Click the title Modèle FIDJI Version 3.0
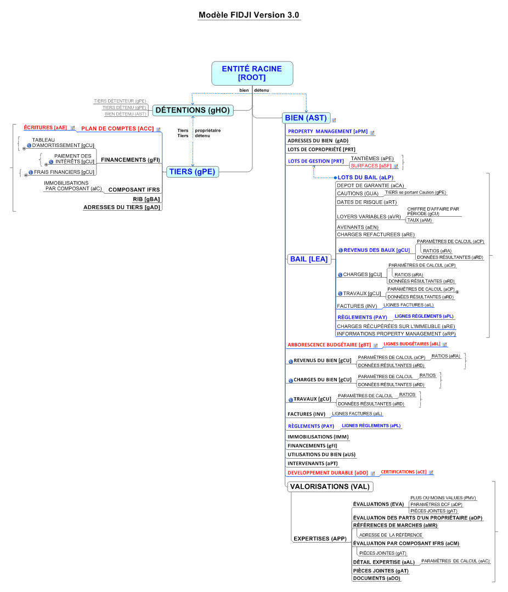pyautogui.click(x=249, y=15)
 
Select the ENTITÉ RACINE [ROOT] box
pyautogui.click(x=252, y=73)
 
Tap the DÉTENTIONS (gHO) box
pyautogui.click(x=193, y=110)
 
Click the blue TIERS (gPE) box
pyautogui.click(x=193, y=172)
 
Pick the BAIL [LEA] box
pyautogui.click(x=309, y=259)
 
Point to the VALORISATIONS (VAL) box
pyautogui.click(x=330, y=487)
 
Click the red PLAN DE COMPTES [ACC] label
pyautogui.click(x=117, y=129)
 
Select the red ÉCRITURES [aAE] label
pyautogui.click(x=46, y=128)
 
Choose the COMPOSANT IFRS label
pyautogui.click(x=134, y=189)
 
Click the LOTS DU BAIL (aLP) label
pyautogui.click(x=365, y=177)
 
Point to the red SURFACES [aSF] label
pyautogui.click(x=371, y=166)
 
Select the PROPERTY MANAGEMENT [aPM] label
pyautogui.click(x=328, y=131)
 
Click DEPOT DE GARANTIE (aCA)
pyautogui.click(x=370, y=185)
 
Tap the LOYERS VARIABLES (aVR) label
pyautogui.click(x=369, y=217)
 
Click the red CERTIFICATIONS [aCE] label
pyautogui.click(x=403, y=472)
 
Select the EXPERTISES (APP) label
pyautogui.click(x=320, y=539)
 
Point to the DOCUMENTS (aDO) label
pyautogui.click(x=377, y=578)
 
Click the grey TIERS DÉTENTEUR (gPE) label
pyautogui.click(x=120, y=101)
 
